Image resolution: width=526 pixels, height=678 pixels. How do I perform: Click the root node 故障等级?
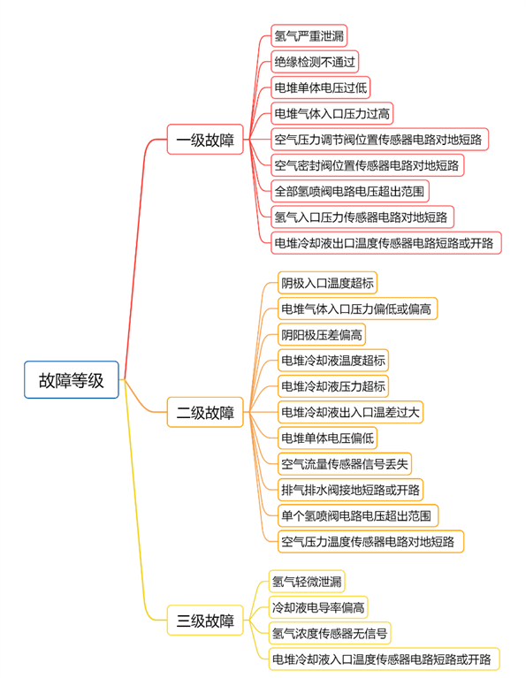(72, 379)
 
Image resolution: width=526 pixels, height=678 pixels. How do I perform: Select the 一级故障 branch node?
(205, 140)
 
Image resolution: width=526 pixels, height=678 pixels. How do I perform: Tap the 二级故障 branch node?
(205, 412)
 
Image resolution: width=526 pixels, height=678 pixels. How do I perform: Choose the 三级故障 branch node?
(205, 620)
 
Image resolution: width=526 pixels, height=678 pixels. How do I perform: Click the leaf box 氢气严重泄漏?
(309, 35)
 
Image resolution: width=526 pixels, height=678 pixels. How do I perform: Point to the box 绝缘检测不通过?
(315, 61)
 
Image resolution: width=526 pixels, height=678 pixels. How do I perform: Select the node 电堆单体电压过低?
(321, 88)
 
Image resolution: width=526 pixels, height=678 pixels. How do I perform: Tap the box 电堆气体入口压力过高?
(332, 113)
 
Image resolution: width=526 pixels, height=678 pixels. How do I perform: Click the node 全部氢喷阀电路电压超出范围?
(349, 191)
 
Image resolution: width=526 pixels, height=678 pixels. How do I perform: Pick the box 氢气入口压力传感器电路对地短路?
(362, 217)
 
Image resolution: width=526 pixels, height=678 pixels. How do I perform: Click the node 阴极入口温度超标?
(327, 283)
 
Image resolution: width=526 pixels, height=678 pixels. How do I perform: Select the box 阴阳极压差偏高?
(322, 335)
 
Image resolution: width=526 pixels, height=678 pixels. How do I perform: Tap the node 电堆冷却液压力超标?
(333, 386)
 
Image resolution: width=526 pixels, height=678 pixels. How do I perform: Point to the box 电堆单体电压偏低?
(327, 438)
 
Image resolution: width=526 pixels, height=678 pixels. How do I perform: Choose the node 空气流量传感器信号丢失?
(344, 464)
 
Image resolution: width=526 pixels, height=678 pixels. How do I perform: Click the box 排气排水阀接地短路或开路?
(350, 490)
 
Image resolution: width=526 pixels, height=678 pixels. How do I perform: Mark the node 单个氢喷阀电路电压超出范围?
(358, 515)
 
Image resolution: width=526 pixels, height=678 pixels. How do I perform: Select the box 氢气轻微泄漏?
(307, 582)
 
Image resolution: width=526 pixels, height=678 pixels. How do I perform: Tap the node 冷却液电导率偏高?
(318, 607)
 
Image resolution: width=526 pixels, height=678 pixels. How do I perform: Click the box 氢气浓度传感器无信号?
(330, 633)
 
